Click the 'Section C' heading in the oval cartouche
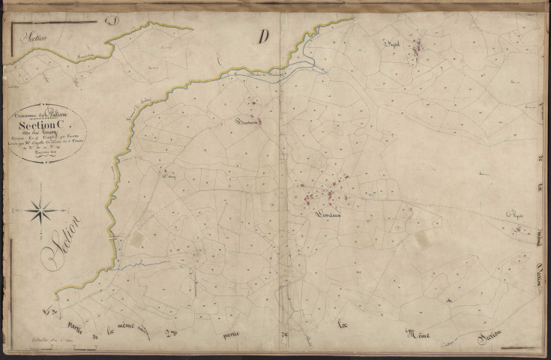[50, 125]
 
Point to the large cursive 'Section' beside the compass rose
[63, 241]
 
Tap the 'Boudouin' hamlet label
[246, 121]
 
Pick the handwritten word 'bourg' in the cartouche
[61, 133]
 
